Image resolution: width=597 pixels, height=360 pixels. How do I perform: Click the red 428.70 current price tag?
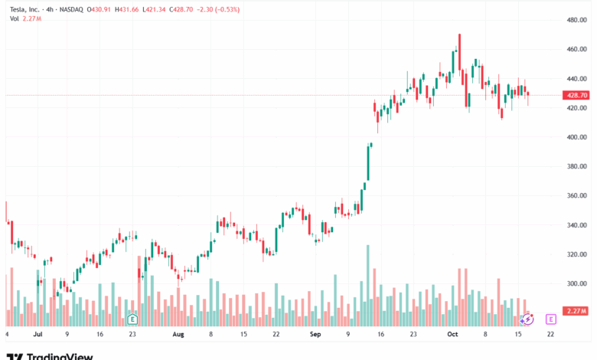pyautogui.click(x=576, y=95)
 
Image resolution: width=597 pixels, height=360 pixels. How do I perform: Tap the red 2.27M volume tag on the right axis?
pyautogui.click(x=576, y=311)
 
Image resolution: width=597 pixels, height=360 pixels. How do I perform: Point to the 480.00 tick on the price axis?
pyautogui.click(x=576, y=20)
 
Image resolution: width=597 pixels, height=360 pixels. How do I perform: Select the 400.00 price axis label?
pyautogui.click(x=576, y=137)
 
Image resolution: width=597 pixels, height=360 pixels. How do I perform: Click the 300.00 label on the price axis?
pyautogui.click(x=576, y=283)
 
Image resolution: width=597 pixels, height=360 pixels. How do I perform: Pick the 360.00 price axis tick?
pyautogui.click(x=576, y=196)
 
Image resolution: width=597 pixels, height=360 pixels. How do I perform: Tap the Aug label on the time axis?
pyautogui.click(x=178, y=335)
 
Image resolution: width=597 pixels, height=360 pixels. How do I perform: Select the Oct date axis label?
pyautogui.click(x=452, y=335)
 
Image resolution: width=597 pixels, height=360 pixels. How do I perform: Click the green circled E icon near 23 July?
pyautogui.click(x=132, y=318)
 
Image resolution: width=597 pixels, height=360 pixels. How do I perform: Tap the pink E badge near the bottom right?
pyautogui.click(x=550, y=318)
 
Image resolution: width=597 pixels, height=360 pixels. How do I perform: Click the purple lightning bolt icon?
pyautogui.click(x=527, y=318)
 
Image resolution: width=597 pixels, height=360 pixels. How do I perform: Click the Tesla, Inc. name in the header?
pyautogui.click(x=25, y=8)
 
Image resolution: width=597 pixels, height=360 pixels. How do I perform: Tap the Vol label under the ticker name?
pyautogui.click(x=15, y=18)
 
